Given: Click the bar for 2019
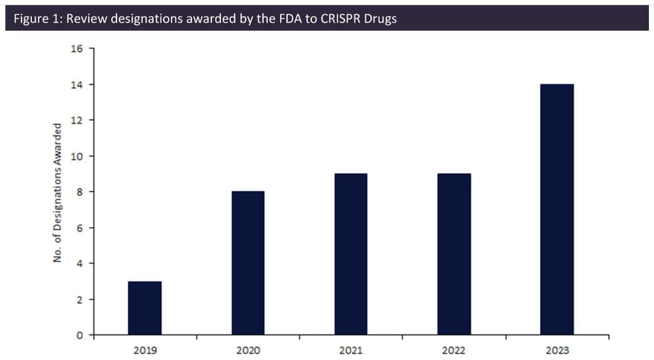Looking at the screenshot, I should [145, 308].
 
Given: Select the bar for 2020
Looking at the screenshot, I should [248, 263].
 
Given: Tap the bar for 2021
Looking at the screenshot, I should [351, 254].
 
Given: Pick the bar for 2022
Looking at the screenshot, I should [454, 254].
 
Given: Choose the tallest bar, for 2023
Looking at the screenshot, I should [557, 210].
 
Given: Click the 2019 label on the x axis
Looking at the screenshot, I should [145, 350].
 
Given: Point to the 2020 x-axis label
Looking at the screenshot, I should [248, 350].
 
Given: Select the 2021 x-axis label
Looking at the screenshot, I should [351, 350].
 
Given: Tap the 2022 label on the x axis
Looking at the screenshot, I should [454, 350].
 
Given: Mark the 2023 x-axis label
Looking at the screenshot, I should [557, 350].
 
